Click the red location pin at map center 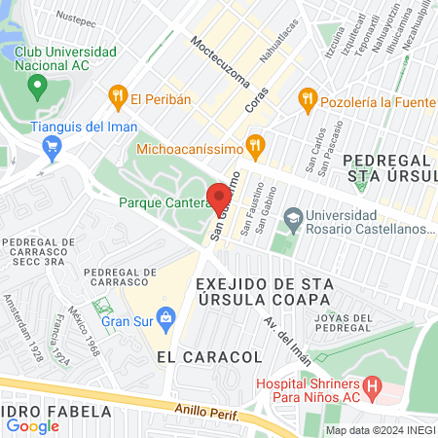pos(219,194)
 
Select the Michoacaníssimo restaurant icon pos(256,149)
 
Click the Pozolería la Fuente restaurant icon pos(308,97)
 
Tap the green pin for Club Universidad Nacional pos(38,89)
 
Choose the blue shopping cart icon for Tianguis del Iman pos(52,148)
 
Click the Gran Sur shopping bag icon pos(166,316)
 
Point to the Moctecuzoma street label pos(221,61)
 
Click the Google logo pos(32,425)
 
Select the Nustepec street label pos(77,18)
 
